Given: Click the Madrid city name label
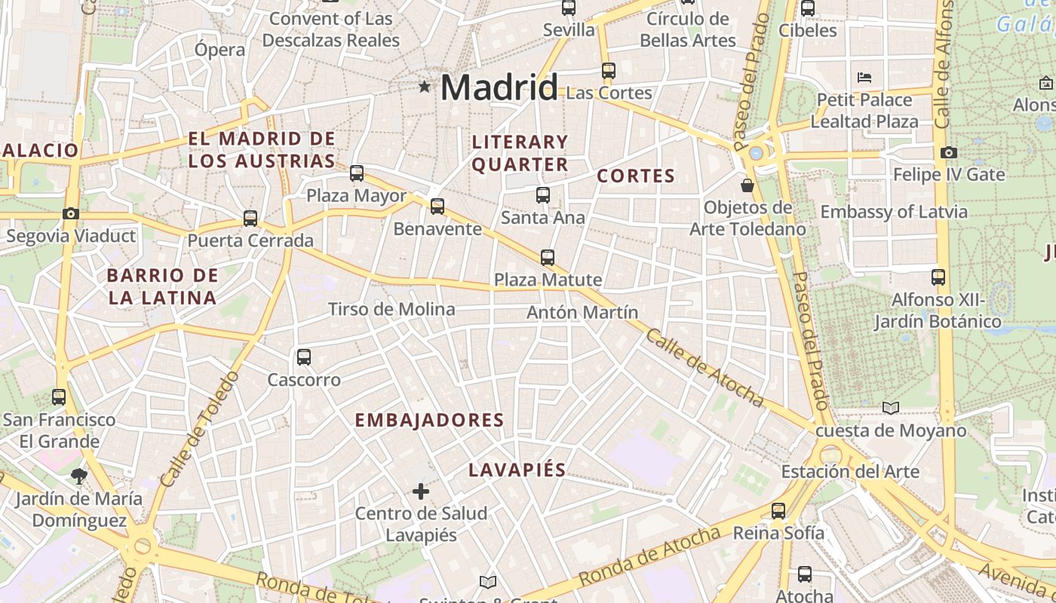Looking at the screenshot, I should (499, 87).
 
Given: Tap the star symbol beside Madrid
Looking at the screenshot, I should (425, 87).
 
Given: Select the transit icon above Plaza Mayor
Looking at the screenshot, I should (357, 173).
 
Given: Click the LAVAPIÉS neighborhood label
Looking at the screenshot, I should (517, 470).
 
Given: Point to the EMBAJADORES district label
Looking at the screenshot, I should (429, 420).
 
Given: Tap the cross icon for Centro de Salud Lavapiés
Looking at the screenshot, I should (421, 492).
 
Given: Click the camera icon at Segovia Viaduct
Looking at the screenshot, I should (71, 214).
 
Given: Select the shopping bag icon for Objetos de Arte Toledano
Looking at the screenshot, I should (747, 185).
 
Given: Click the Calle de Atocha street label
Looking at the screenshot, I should (704, 369).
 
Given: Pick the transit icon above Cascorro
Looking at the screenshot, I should (304, 357).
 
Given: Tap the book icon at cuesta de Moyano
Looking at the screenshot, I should (891, 408).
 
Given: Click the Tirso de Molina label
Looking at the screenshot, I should (391, 309).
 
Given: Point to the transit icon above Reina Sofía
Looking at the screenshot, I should (778, 510).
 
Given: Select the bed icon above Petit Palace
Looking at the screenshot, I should (864, 78).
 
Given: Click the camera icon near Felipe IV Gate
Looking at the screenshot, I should (949, 152).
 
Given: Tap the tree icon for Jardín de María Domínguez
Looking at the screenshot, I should (78, 476).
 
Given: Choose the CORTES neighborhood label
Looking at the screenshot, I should (636, 176).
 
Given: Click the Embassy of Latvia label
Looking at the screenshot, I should (894, 212).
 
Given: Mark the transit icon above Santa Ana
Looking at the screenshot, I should (543, 195).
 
